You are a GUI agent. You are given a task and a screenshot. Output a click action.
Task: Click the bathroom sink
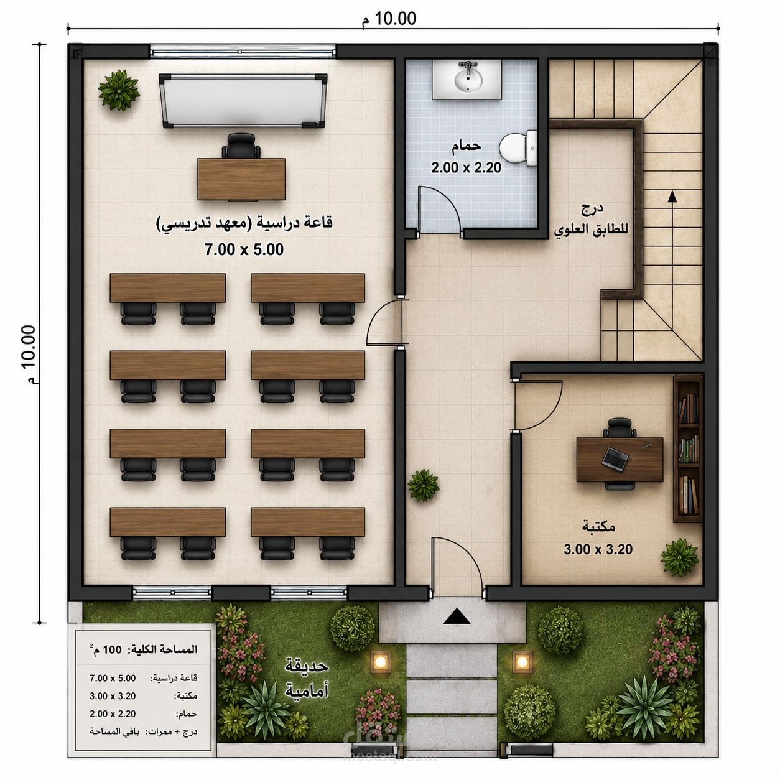click(468, 80)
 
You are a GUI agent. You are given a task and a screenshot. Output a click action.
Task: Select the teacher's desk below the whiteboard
click(241, 179)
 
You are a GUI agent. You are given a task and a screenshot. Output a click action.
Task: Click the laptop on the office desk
click(615, 458)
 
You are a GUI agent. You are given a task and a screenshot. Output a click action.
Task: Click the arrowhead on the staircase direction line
click(672, 197)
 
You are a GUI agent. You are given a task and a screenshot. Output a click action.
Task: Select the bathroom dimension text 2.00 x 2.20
click(466, 167)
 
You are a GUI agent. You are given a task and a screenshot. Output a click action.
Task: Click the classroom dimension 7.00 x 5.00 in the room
click(244, 249)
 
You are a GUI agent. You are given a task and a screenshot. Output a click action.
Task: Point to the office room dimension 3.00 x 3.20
click(598, 549)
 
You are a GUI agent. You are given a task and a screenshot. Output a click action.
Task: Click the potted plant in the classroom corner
click(119, 90)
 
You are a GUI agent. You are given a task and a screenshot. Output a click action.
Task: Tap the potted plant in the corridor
click(424, 485)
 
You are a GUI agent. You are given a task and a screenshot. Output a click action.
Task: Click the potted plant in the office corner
click(680, 557)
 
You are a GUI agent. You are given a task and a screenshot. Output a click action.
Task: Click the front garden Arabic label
click(307, 679)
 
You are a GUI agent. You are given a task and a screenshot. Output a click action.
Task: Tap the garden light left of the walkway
click(381, 662)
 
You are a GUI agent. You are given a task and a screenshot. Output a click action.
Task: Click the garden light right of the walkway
click(522, 662)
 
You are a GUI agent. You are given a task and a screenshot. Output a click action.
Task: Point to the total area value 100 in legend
click(113, 649)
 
